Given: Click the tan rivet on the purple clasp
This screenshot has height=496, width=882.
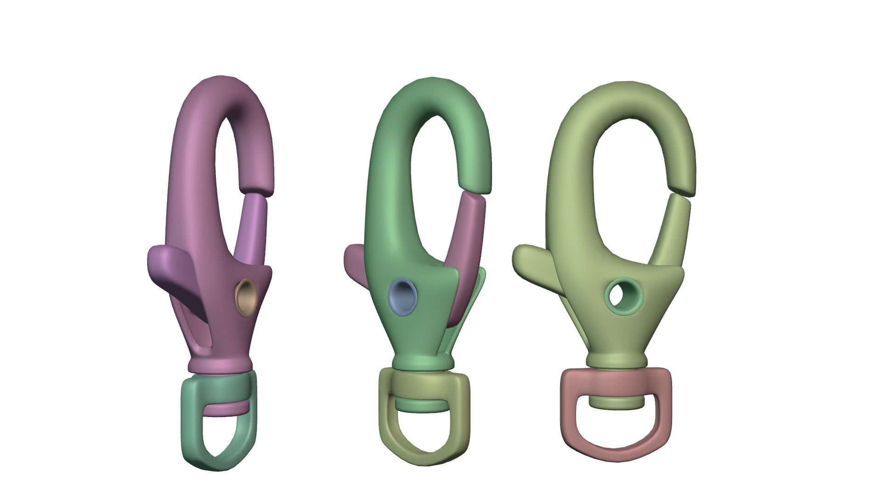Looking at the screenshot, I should tap(246, 293).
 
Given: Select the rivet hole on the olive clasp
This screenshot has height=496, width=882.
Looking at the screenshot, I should tap(624, 295).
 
